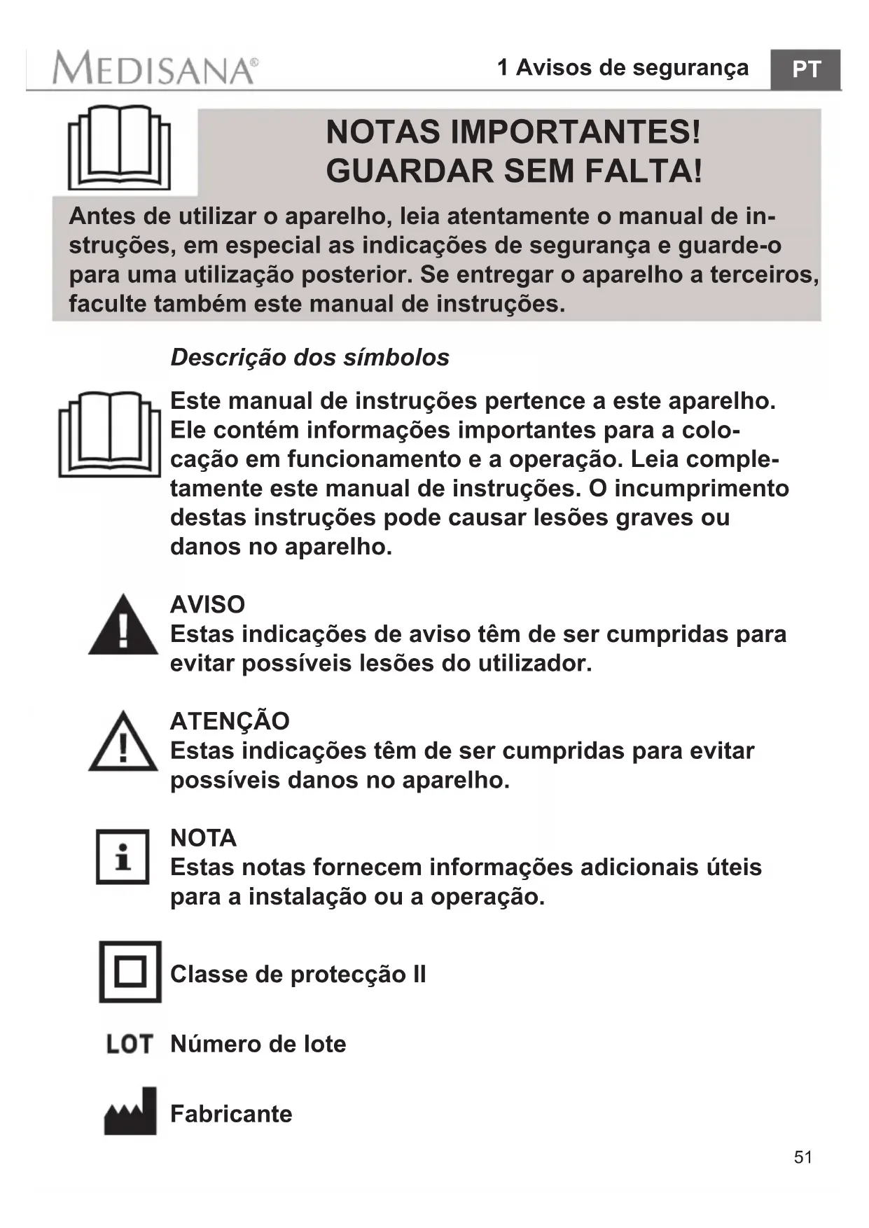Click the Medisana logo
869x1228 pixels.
(x=155, y=69)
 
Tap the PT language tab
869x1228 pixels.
(x=805, y=69)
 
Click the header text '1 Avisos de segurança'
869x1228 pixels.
(x=623, y=68)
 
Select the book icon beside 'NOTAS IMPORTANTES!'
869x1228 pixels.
(x=119, y=148)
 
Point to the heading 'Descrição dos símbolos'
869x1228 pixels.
(x=310, y=357)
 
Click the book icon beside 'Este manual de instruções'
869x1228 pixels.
(x=110, y=433)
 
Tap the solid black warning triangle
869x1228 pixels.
(x=123, y=625)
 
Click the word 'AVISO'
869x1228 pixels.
(x=207, y=604)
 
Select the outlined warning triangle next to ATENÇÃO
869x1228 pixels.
(x=123, y=743)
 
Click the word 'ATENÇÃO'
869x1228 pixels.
(x=230, y=721)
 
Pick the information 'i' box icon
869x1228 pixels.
(x=123, y=857)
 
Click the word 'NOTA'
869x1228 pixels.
(x=203, y=837)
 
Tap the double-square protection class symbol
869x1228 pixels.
(x=130, y=972)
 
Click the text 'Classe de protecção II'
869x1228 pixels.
(x=298, y=974)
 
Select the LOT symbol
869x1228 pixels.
(x=130, y=1044)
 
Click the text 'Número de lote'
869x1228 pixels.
(x=258, y=1044)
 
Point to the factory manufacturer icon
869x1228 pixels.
(x=130, y=1111)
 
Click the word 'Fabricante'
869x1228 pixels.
(x=231, y=1114)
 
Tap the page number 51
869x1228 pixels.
(x=803, y=1157)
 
